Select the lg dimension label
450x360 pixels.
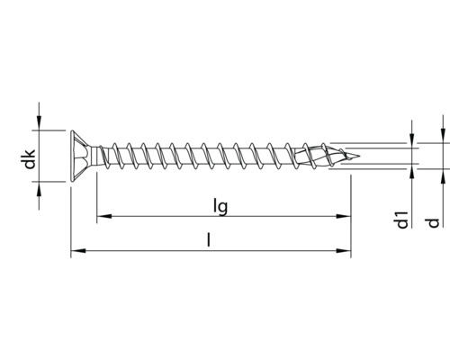click(220, 206)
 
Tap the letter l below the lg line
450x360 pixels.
click(209, 241)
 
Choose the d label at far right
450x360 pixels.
click(434, 221)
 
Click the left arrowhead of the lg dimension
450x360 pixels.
click(102, 216)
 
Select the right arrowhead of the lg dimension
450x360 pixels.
click(344, 216)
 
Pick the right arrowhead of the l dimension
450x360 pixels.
click(344, 252)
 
